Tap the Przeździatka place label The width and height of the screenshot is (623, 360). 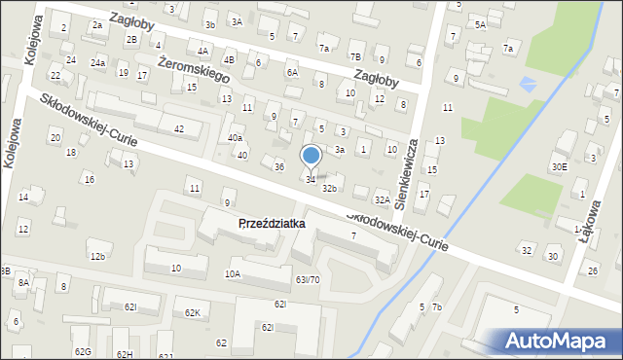tap(272, 223)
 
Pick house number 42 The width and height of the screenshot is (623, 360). tap(178, 129)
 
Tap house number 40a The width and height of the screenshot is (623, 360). tap(235, 138)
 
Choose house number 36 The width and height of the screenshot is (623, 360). tap(278, 167)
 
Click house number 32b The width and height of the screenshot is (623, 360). tap(330, 188)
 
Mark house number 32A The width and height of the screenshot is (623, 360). tap(382, 199)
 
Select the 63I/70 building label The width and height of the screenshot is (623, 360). tap(308, 279)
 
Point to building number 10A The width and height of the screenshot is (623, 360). tap(232, 274)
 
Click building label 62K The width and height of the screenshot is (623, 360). tap(192, 313)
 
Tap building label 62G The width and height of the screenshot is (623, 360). tap(82, 351)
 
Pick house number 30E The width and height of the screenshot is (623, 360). tap(559, 166)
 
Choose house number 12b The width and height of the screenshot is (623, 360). tap(96, 257)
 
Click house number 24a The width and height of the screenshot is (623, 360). tap(97, 62)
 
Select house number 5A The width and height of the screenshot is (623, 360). tap(480, 24)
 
